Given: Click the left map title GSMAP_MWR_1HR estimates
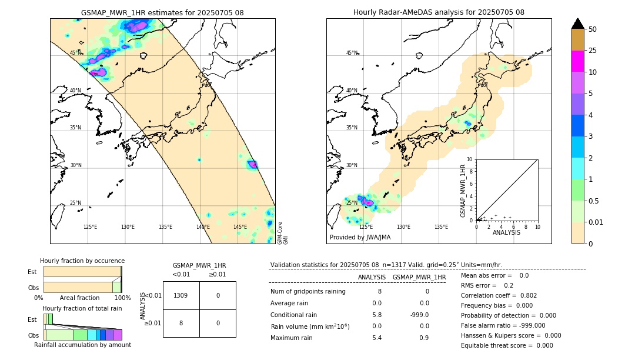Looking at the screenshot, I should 162,12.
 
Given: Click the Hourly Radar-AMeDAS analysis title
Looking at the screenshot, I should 439,12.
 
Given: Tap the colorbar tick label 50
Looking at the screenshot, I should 593,29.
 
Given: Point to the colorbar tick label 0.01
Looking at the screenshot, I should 597,222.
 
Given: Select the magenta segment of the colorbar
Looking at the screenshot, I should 578,61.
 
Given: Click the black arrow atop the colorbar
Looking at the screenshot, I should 578,24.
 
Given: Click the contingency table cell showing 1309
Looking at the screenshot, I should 181,295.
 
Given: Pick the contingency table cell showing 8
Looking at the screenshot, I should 181,323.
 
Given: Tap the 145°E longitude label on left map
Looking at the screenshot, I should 240,227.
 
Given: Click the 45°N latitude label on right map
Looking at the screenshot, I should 352,53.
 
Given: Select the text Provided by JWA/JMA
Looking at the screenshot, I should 360,238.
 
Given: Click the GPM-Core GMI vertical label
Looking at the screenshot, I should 282,233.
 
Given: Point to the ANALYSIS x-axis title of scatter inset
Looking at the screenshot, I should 506,232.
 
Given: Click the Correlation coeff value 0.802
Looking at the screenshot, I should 524,295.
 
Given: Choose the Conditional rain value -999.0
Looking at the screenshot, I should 419,315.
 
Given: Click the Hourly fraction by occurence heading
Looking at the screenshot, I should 82,261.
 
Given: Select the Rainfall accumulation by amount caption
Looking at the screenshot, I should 82,345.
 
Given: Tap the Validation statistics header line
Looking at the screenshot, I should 386,265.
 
